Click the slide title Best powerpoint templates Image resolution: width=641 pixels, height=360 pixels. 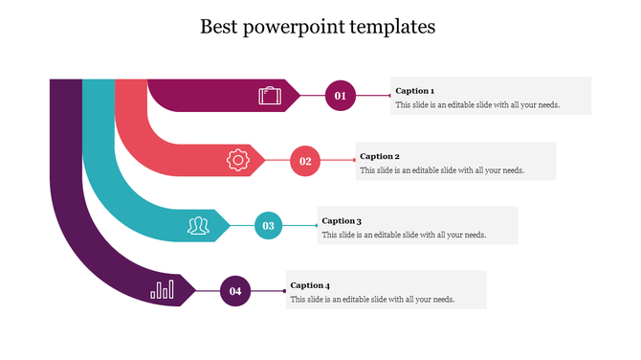318,27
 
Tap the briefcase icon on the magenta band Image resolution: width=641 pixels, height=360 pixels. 270,95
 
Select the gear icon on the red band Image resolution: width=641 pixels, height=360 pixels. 237,160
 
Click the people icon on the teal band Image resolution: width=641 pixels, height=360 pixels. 198,225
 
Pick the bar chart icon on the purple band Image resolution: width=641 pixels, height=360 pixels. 163,289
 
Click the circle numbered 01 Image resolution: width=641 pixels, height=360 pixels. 340,95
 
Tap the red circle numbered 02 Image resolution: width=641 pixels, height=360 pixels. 305,161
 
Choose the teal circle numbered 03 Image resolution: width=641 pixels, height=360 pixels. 269,226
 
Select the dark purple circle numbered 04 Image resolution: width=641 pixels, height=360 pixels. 234,290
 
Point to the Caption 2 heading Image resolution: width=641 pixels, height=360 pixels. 380,156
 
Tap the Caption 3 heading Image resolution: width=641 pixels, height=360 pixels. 342,221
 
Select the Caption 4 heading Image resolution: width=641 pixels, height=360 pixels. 310,285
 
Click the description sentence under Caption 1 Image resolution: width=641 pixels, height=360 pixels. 477,105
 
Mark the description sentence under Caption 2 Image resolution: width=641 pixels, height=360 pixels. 442,170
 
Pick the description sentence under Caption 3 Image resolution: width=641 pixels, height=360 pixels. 404,235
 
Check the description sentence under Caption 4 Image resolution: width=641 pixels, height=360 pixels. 372,300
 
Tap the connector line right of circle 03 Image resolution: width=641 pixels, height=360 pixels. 299,226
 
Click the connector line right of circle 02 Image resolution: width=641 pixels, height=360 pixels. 337,161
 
